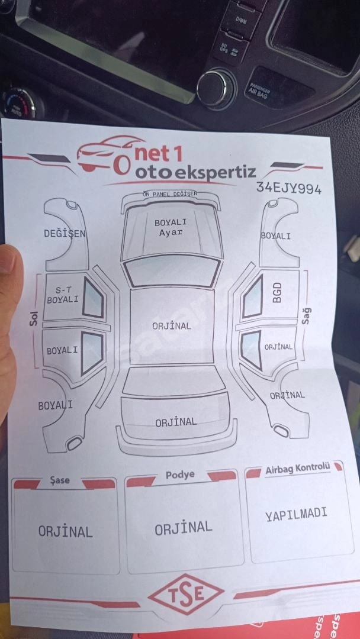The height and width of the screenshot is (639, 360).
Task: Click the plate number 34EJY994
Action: click(289, 188)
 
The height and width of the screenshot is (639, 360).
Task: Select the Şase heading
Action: click(60, 480)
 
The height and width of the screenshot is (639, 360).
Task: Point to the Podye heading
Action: click(180, 475)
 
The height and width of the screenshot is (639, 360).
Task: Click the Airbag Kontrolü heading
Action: click(297, 469)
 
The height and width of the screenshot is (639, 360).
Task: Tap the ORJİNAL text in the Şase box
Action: click(66, 531)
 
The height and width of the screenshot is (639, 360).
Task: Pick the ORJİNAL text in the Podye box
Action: click(184, 527)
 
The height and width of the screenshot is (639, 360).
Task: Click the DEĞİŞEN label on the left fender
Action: click(65, 234)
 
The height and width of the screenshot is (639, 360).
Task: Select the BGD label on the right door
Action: click(277, 293)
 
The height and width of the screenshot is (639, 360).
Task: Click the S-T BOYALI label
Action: click(63, 295)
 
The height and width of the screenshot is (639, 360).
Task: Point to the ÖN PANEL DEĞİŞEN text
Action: click(170, 194)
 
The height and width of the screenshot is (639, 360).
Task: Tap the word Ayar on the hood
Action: click(171, 233)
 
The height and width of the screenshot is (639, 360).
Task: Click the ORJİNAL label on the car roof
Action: click(172, 326)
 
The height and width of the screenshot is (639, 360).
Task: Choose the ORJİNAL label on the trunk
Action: click(176, 422)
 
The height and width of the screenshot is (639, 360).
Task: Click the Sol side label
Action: click(34, 319)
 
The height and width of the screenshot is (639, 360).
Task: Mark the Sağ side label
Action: click(306, 315)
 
